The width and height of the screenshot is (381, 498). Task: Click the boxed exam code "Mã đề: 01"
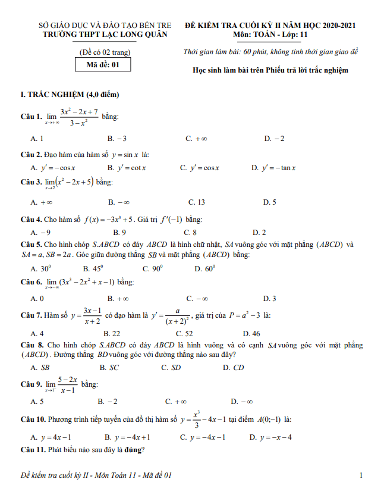click(x=103, y=65)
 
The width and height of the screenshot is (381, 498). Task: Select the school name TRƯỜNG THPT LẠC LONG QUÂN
click(x=105, y=35)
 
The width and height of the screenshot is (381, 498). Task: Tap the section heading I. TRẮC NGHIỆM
click(x=70, y=95)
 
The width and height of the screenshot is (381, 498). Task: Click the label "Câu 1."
click(x=30, y=117)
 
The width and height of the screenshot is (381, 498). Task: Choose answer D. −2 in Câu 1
click(x=274, y=139)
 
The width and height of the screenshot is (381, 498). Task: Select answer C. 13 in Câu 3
click(x=196, y=202)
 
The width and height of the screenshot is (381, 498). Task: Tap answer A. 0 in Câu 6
click(x=37, y=298)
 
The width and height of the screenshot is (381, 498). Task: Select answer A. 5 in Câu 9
click(x=37, y=402)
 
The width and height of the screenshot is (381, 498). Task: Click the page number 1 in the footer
click(x=361, y=475)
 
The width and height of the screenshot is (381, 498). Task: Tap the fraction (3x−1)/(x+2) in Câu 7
click(x=92, y=315)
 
